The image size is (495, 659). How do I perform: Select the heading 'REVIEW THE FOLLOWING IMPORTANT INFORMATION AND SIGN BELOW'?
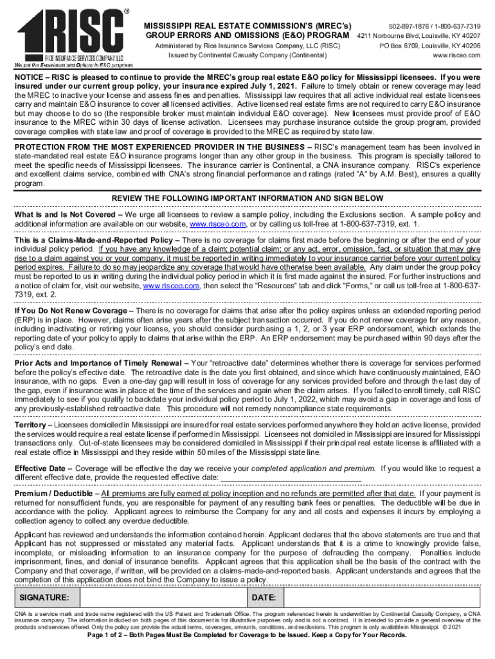(248, 198)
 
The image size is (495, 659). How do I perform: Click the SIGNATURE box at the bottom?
(132, 598)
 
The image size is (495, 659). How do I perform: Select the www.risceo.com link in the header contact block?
(455, 56)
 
